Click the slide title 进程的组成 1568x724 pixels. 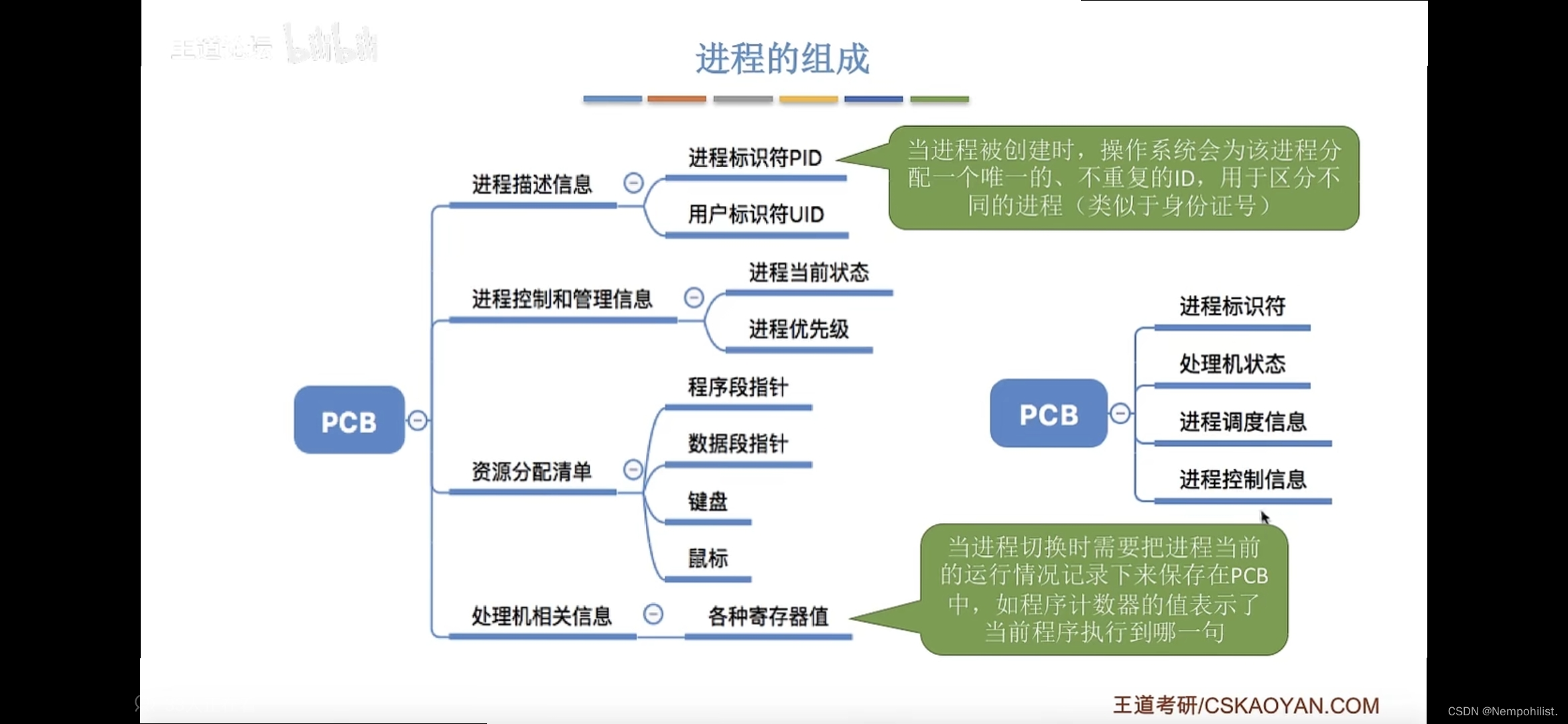[x=782, y=58]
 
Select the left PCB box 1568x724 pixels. [x=349, y=420]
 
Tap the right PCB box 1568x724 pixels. [x=1048, y=414]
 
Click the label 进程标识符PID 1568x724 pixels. [x=755, y=158]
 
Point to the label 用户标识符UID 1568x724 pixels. [x=756, y=215]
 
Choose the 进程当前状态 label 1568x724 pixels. [x=809, y=273]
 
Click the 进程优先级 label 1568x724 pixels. [x=799, y=330]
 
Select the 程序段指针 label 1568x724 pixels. [x=738, y=387]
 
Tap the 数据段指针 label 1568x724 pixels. [x=738, y=444]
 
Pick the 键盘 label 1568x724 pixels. [x=708, y=501]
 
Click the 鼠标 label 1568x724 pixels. [x=708, y=558]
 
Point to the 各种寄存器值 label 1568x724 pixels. [x=768, y=617]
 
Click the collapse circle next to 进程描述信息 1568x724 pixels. [x=633, y=183]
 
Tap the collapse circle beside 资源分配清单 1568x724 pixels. [x=633, y=470]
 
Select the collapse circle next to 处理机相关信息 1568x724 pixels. [x=653, y=614]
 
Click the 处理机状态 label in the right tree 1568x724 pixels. [x=1232, y=364]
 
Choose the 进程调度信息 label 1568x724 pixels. [x=1243, y=422]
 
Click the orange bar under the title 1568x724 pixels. [x=676, y=99]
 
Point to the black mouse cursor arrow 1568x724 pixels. [x=1264, y=518]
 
